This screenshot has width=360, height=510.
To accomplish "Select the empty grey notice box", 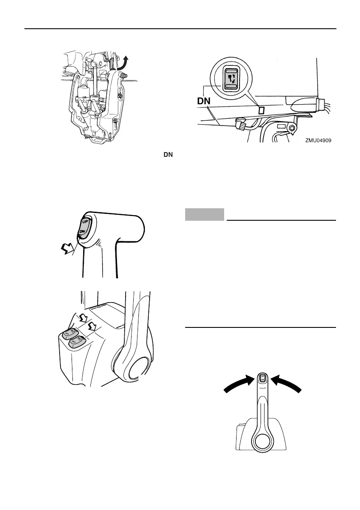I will (204, 214).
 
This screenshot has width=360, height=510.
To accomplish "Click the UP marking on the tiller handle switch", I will (84, 222).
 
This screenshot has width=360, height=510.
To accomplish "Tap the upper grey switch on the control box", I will (69, 333).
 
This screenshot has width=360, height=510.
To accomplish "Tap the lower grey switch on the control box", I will (77, 342).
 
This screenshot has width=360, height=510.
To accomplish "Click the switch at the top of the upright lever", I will (263, 378).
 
